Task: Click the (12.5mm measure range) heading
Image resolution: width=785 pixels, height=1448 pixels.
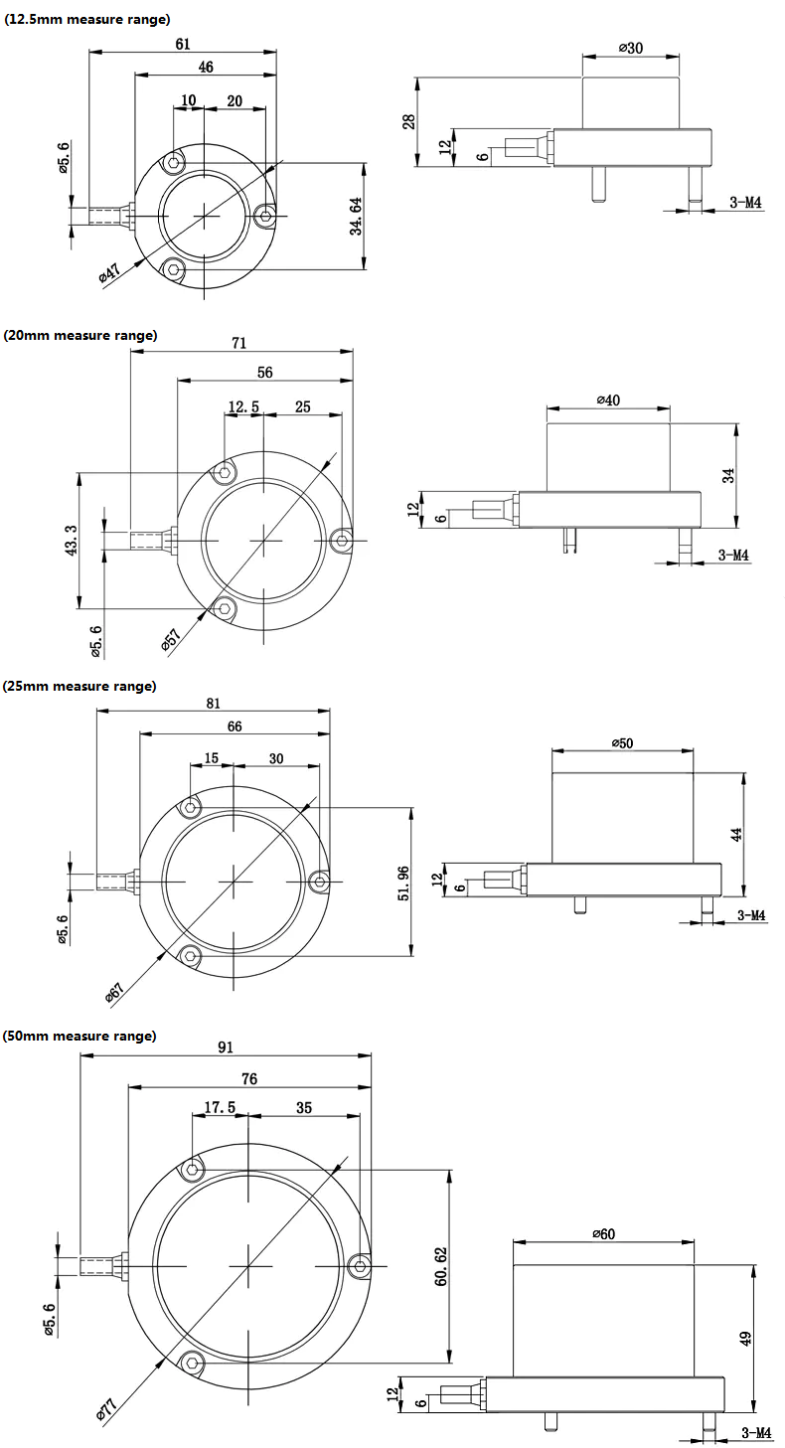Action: (x=87, y=20)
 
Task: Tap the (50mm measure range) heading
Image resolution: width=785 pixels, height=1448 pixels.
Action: (x=79, y=1036)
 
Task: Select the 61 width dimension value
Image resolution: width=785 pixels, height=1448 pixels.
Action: (x=183, y=44)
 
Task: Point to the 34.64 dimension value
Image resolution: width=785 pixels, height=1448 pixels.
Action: (x=356, y=216)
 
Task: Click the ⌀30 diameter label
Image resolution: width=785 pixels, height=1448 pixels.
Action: (x=631, y=48)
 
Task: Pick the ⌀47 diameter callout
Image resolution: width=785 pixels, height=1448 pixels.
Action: (x=110, y=272)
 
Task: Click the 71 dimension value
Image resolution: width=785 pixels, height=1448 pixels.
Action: (x=239, y=343)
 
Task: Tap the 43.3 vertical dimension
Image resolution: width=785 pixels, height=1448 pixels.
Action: (x=72, y=540)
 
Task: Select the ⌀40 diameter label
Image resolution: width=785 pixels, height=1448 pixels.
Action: (x=608, y=401)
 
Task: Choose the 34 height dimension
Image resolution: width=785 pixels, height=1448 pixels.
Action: (x=728, y=476)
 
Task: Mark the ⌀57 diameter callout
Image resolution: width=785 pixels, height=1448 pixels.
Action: (x=171, y=638)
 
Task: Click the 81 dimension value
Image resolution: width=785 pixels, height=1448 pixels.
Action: (x=214, y=704)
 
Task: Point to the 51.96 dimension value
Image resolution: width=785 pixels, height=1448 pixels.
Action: (x=403, y=884)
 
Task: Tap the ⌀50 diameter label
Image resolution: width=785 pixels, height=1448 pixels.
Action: (x=622, y=743)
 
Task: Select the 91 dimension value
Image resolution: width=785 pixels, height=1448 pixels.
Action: (x=226, y=1047)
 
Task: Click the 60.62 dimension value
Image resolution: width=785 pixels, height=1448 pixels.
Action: (x=441, y=1266)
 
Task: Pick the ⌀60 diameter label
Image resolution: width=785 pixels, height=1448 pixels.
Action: (x=603, y=1234)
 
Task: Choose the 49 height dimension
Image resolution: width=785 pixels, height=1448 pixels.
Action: (x=745, y=1338)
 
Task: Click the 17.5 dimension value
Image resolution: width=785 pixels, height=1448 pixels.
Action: (x=220, y=1107)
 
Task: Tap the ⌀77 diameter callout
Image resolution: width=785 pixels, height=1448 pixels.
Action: (x=106, y=1410)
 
